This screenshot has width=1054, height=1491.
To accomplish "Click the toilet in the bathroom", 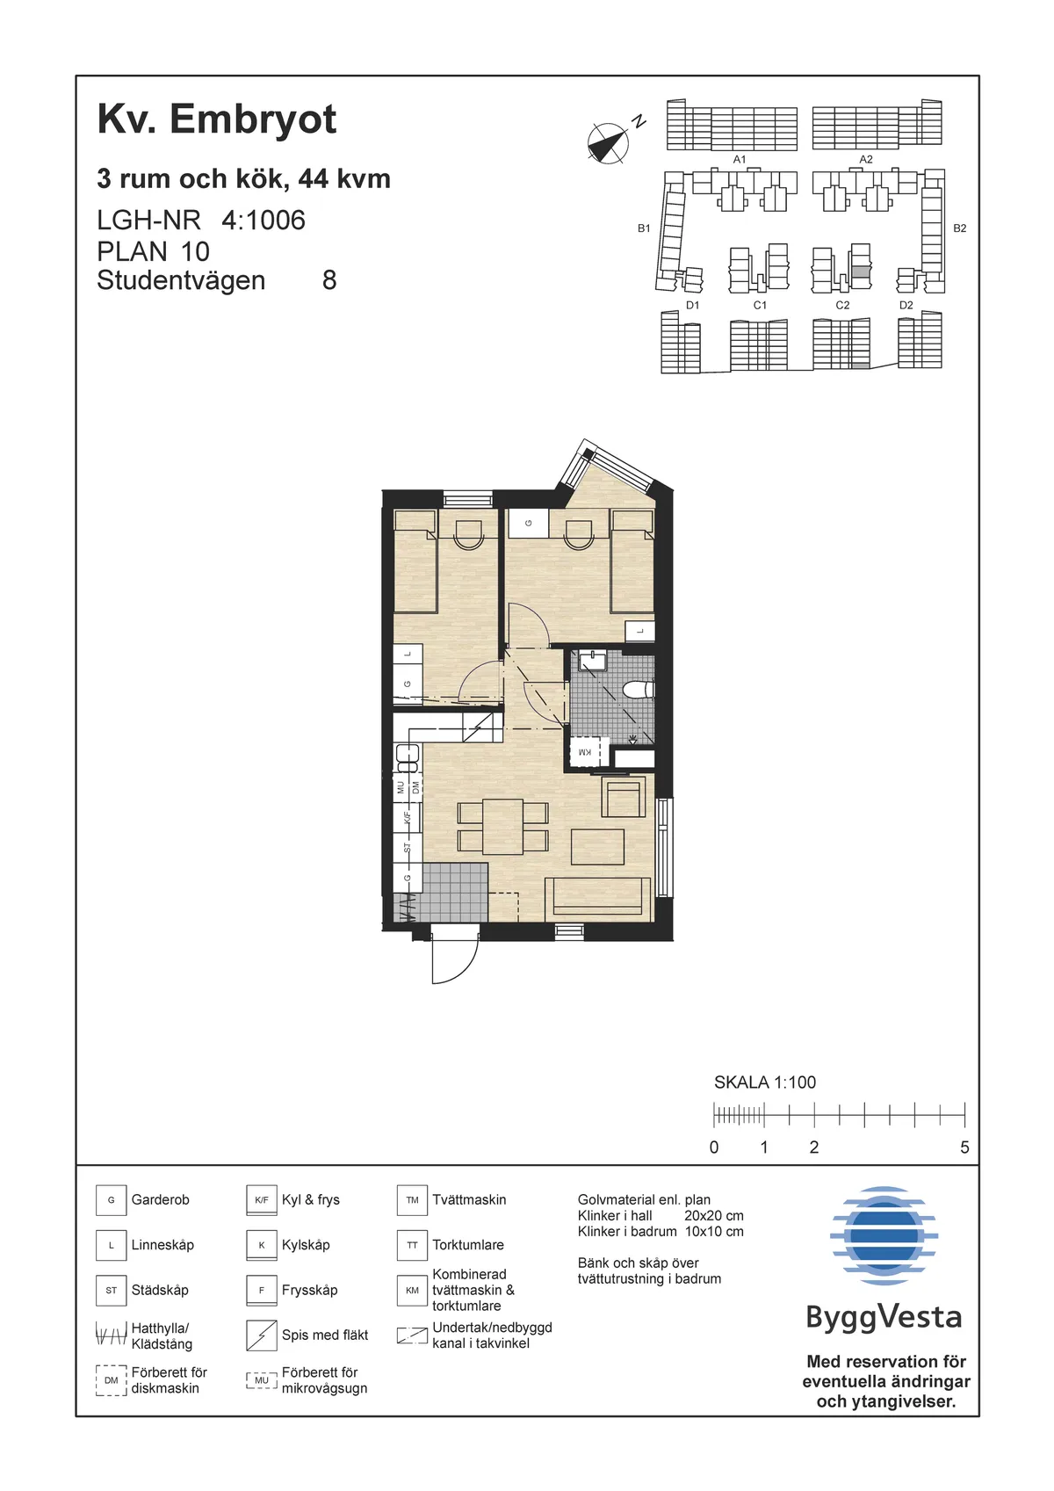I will click(x=639, y=690).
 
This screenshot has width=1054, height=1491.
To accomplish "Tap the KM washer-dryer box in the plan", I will click(x=585, y=752).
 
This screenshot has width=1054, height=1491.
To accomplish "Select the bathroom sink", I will click(x=593, y=661).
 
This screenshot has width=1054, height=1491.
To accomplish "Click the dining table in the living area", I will click(x=503, y=826).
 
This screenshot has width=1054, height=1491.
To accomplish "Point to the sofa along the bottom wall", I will click(x=597, y=898).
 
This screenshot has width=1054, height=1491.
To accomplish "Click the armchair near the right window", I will click(x=624, y=797).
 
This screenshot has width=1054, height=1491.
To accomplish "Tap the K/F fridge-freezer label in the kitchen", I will click(x=408, y=817).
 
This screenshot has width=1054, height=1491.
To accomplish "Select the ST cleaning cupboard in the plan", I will click(x=408, y=848).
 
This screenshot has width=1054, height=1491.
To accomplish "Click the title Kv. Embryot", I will click(x=217, y=119).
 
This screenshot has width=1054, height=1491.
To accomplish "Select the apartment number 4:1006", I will click(x=263, y=221).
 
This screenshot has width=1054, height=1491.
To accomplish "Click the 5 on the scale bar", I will click(x=964, y=1147).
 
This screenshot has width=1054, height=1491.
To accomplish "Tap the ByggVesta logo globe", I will click(x=884, y=1234).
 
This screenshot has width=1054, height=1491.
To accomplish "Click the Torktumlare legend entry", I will click(x=467, y=1245).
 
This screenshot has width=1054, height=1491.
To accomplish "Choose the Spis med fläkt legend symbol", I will click(x=262, y=1335).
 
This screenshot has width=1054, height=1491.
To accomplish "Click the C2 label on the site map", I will click(x=842, y=305).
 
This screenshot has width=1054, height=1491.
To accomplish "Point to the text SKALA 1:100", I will click(x=764, y=1082).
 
